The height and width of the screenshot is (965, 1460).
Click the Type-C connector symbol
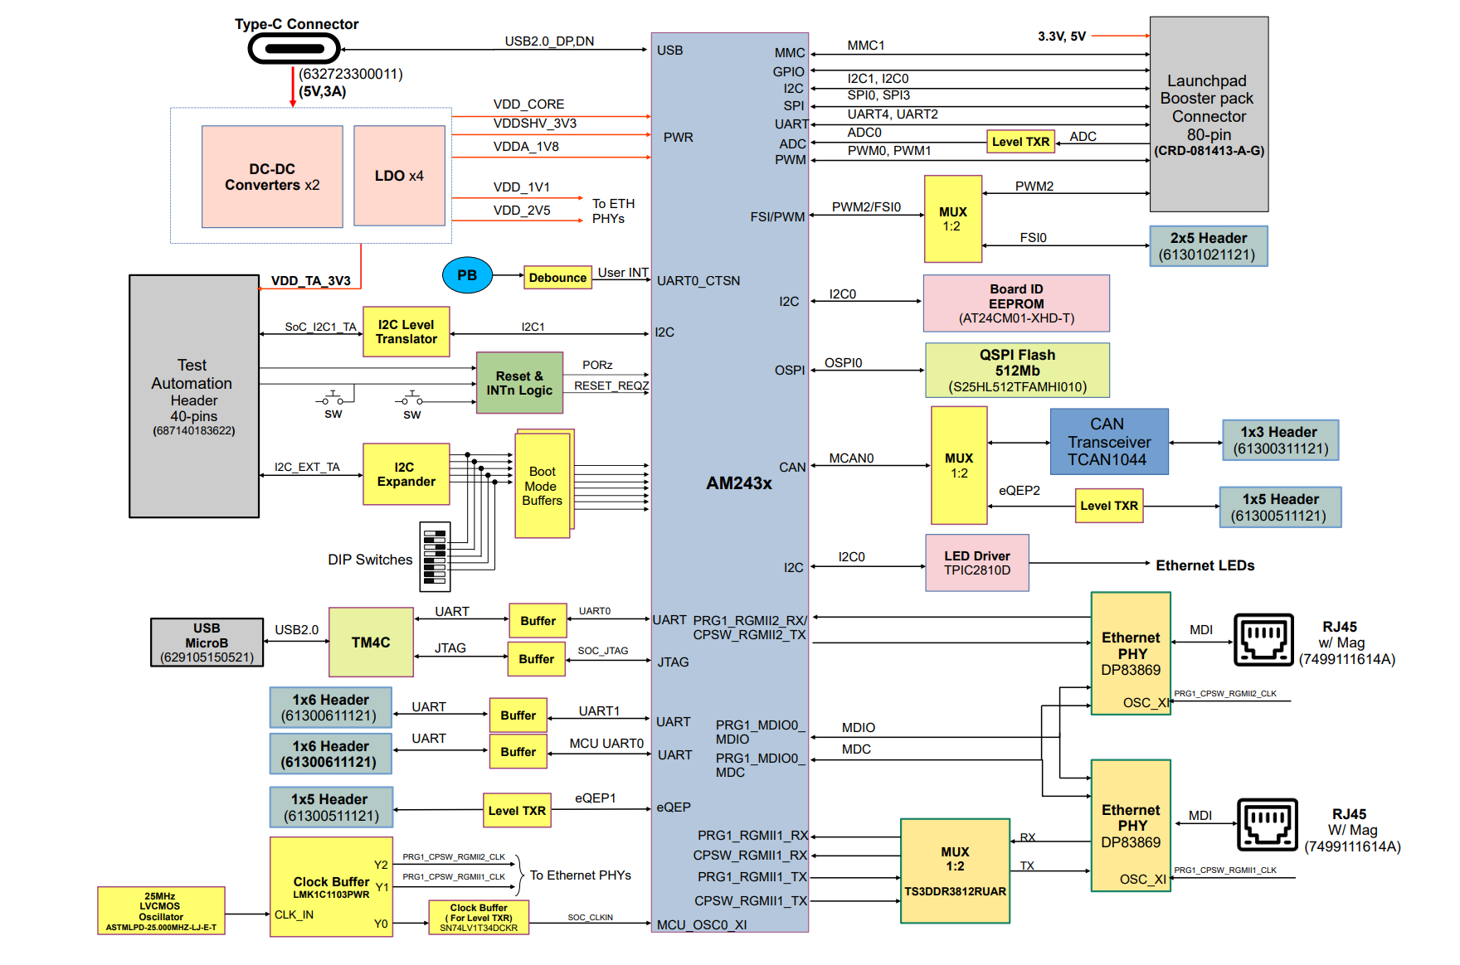click(294, 48)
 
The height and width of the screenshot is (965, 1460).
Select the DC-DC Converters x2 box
click(272, 177)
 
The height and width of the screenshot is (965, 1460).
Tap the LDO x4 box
click(399, 176)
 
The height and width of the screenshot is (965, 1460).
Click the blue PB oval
click(467, 275)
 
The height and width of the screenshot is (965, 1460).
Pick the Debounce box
click(557, 278)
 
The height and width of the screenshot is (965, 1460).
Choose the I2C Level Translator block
click(406, 332)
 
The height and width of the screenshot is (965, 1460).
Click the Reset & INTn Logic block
click(519, 383)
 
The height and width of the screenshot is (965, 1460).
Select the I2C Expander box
click(406, 474)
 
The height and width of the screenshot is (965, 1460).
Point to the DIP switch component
click(435, 556)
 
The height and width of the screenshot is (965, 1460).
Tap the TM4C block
click(371, 643)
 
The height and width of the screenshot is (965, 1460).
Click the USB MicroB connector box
click(207, 643)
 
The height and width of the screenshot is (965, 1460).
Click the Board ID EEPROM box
click(1016, 303)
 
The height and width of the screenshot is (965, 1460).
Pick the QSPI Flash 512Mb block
click(1017, 371)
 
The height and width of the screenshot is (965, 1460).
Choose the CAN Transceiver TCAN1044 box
click(1109, 442)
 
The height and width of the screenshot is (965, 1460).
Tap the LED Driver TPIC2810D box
click(976, 563)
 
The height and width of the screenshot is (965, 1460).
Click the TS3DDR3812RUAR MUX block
click(955, 871)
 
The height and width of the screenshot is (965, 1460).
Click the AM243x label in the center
click(738, 483)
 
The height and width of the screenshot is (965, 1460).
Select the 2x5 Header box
click(1208, 246)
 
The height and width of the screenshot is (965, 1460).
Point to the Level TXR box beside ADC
click(1020, 142)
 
